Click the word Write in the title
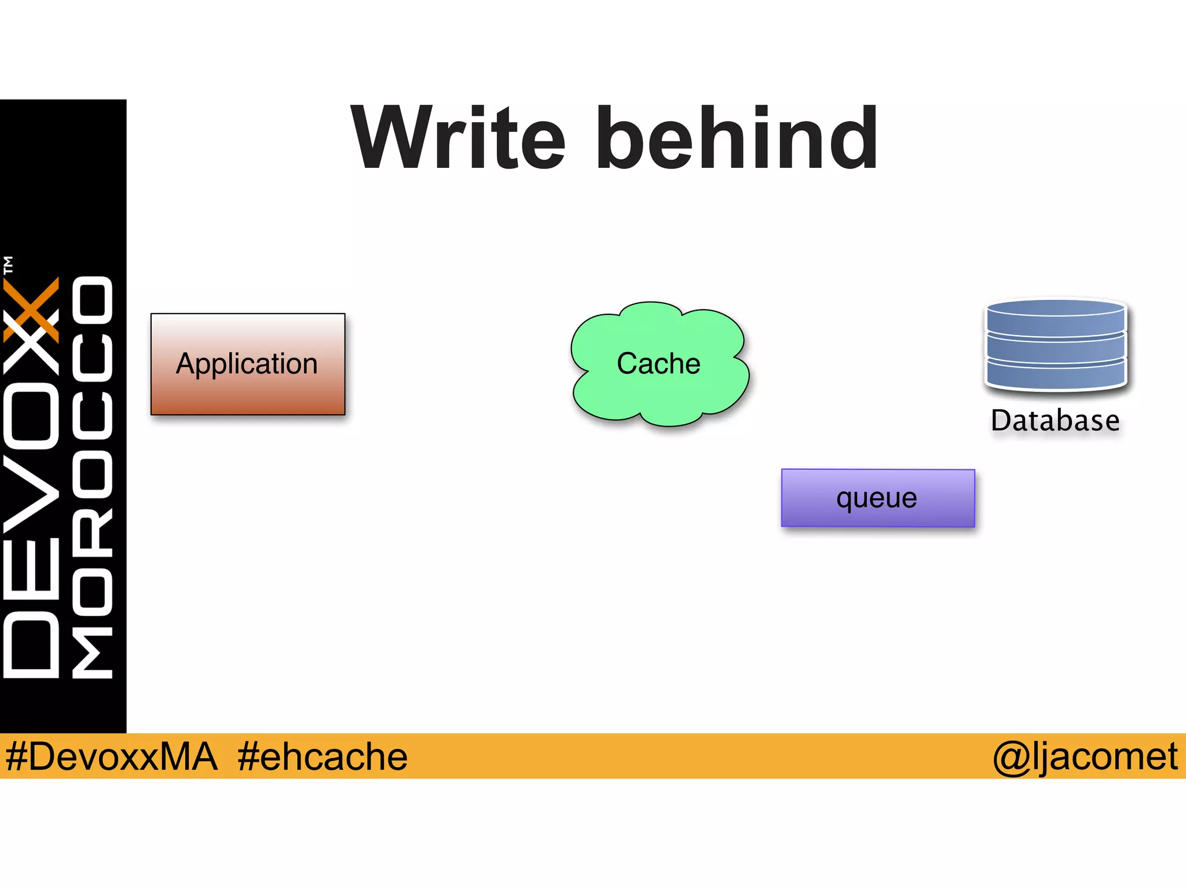pyautogui.click(x=457, y=139)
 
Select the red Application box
pyautogui.click(x=248, y=364)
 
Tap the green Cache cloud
pyautogui.click(x=659, y=364)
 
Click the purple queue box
pyautogui.click(x=877, y=498)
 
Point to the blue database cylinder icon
pyautogui.click(x=1056, y=344)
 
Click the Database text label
pyautogui.click(x=1055, y=421)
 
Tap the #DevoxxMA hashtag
pyautogui.click(x=111, y=756)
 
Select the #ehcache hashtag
pyautogui.click(x=322, y=756)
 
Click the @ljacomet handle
pyautogui.click(x=1085, y=756)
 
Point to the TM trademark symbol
pyautogui.click(x=8, y=265)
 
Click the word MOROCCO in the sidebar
pyautogui.click(x=93, y=477)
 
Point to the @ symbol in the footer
pyautogui.click(x=1011, y=758)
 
